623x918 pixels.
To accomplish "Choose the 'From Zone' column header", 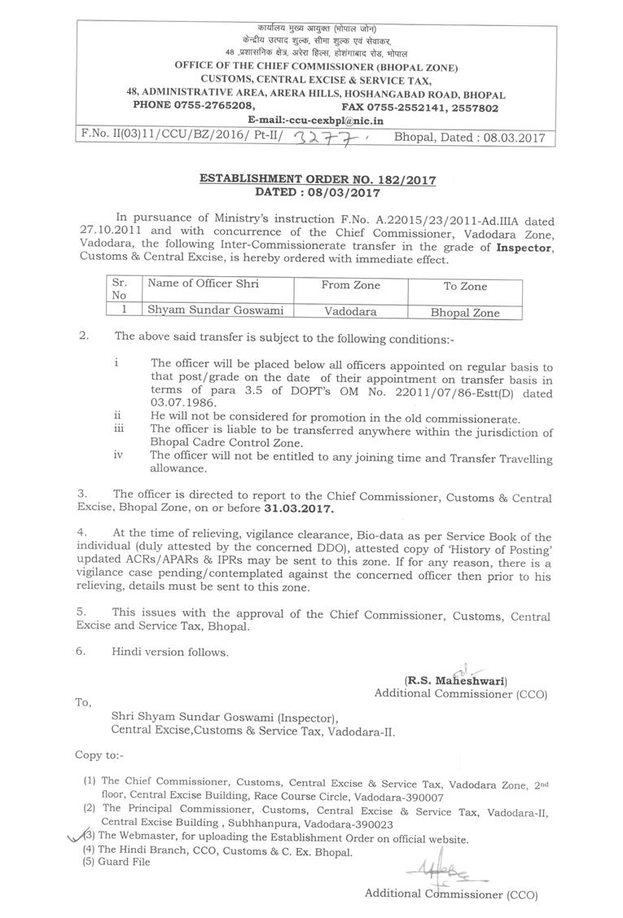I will coord(351,285).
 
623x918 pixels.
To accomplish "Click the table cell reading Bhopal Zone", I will coord(465,312).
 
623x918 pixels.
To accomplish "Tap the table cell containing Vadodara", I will coord(351,310).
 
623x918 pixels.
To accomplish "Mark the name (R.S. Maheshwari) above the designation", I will coord(456,680).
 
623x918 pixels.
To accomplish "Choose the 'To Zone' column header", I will coord(465,286).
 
